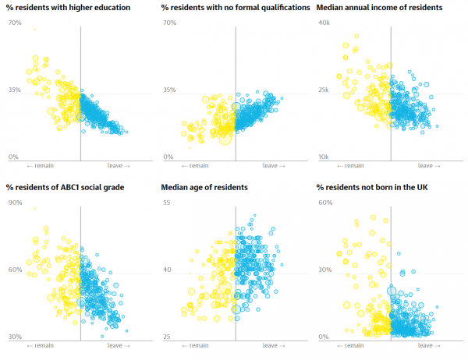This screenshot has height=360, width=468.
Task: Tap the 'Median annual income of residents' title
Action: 379,8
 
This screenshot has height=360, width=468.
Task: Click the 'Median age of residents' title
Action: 204,188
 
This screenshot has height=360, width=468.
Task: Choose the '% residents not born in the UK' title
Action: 370,188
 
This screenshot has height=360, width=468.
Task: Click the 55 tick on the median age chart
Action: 166,203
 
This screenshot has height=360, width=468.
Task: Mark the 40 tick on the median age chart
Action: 166,270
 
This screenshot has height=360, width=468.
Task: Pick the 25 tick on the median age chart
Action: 166,337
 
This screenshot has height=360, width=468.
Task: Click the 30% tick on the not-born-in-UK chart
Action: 324,270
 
